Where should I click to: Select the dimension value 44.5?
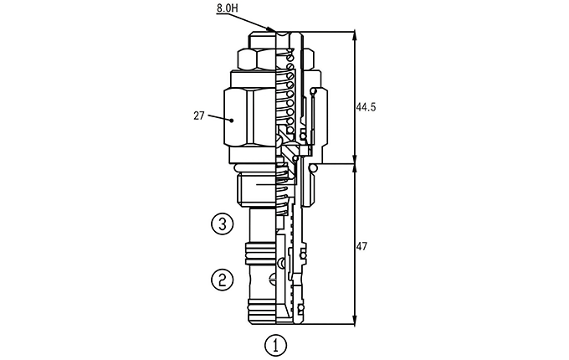366,107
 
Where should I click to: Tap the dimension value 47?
361,247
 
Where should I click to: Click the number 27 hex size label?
199,116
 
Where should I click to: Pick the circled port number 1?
276,345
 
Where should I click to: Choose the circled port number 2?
222,280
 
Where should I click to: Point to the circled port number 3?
222,224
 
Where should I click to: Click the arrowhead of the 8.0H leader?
271,29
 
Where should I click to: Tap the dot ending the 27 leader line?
231,120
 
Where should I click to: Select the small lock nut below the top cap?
257,59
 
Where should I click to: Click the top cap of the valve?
263,39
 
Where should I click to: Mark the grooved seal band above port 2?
261,254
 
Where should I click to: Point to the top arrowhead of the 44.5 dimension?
355,35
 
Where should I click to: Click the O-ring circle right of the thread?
312,167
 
